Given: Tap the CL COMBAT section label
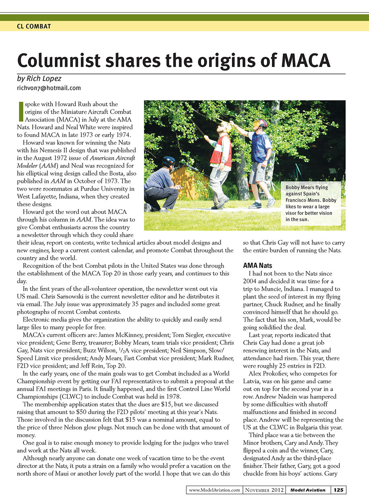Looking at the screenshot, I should pyautogui.click(x=34, y=27).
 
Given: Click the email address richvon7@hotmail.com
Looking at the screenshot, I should pyautogui.click(x=49, y=87).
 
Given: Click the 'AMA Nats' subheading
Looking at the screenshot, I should pyautogui.click(x=258, y=266).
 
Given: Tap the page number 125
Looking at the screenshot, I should pyautogui.click(x=338, y=490).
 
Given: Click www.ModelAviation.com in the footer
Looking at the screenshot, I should pyautogui.click(x=214, y=490).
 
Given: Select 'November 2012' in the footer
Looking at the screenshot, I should pyautogui.click(x=263, y=490).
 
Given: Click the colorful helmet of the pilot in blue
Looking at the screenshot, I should pyautogui.click(x=261, y=123).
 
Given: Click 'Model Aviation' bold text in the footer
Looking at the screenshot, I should pyautogui.click(x=308, y=490).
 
